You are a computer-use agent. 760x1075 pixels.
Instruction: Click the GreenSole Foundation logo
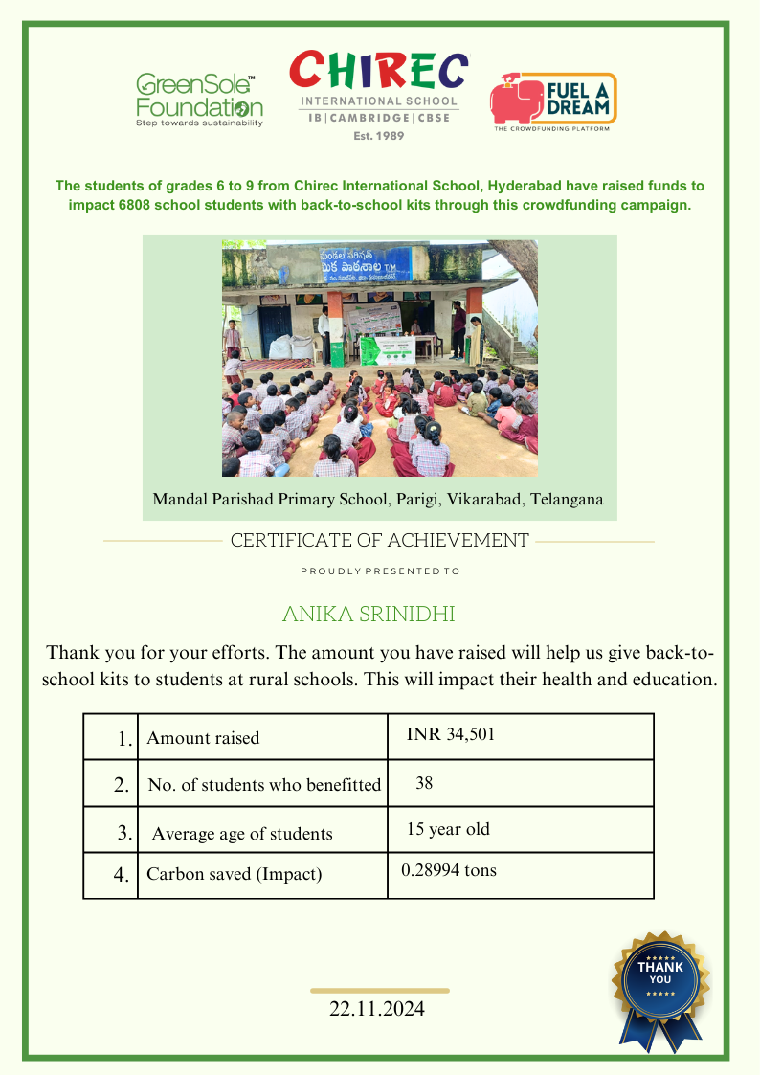click(x=198, y=99)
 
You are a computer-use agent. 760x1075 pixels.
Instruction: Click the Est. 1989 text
click(x=379, y=136)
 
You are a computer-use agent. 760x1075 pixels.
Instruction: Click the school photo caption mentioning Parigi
click(x=378, y=499)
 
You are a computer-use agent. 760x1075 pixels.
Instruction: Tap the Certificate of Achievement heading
click(x=379, y=540)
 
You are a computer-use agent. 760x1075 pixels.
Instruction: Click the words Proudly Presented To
click(x=380, y=571)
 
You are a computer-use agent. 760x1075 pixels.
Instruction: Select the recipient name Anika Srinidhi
click(x=369, y=613)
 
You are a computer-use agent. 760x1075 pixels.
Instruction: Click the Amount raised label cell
click(x=203, y=738)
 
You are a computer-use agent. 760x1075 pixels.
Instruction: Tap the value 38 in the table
click(x=424, y=783)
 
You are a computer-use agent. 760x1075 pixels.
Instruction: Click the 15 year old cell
click(x=448, y=829)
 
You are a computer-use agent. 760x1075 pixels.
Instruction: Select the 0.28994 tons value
click(x=449, y=870)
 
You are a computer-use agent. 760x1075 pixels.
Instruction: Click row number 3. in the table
click(x=124, y=832)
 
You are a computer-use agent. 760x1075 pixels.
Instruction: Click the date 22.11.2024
click(x=377, y=1009)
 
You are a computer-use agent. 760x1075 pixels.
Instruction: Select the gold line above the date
click(x=380, y=991)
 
